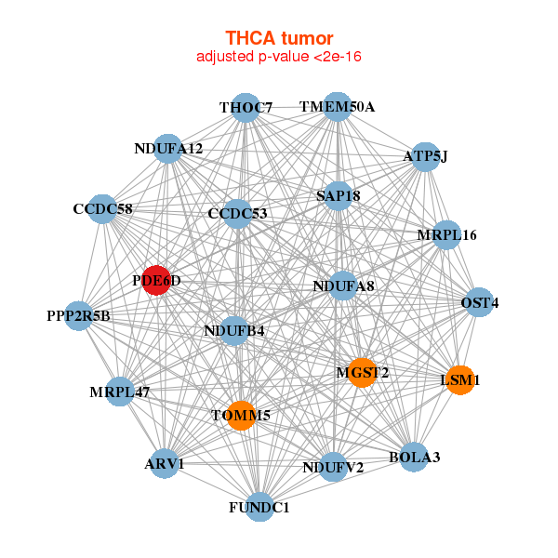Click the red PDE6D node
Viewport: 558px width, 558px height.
(156, 281)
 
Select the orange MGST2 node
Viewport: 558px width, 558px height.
(361, 372)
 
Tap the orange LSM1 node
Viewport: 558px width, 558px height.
(460, 379)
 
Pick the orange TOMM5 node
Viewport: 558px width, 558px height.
(240, 415)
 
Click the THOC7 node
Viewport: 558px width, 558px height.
(246, 108)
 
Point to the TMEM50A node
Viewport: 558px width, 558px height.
(337, 107)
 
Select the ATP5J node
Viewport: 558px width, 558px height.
(425, 156)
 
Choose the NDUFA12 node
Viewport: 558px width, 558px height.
(167, 149)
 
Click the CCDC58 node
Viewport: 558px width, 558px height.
(102, 209)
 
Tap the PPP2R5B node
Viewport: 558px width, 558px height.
(79, 316)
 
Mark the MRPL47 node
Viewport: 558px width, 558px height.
(120, 392)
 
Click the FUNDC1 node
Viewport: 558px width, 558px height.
(259, 507)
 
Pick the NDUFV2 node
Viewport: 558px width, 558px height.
(333, 467)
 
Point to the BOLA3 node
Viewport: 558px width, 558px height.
(414, 457)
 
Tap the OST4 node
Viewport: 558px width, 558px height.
(479, 303)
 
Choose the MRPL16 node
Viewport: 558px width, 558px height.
(446, 235)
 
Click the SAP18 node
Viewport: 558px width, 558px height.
(338, 196)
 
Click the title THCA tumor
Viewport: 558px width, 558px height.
(279, 38)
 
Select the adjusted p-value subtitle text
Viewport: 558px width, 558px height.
(279, 57)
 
